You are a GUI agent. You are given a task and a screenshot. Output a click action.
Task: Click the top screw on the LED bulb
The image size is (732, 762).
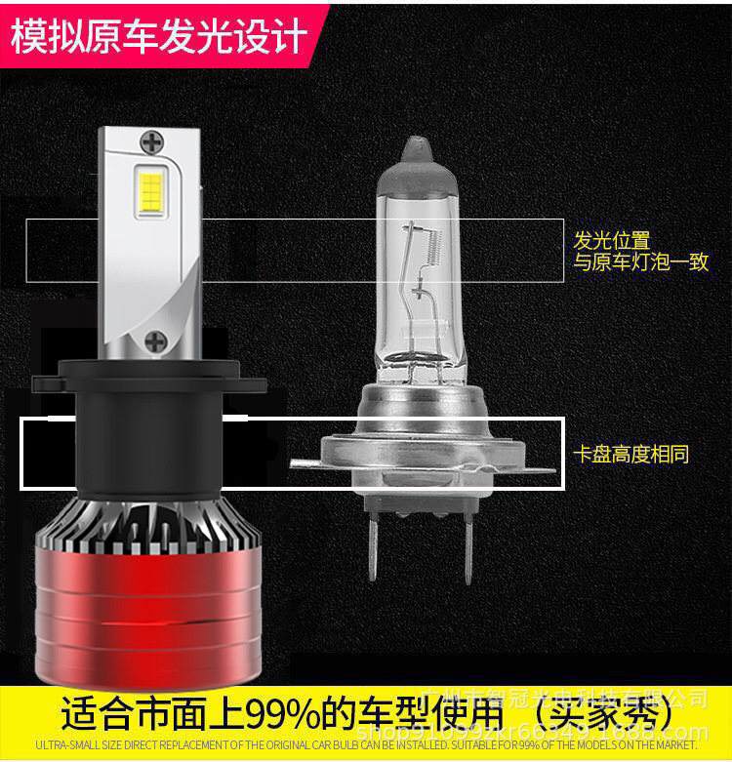(x=152, y=142)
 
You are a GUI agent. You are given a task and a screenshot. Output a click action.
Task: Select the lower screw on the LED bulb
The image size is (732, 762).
(x=154, y=341)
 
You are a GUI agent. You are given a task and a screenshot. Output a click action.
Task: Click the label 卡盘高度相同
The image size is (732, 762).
(x=631, y=454)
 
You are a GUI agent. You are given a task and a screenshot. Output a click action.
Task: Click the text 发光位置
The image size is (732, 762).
(x=612, y=240)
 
